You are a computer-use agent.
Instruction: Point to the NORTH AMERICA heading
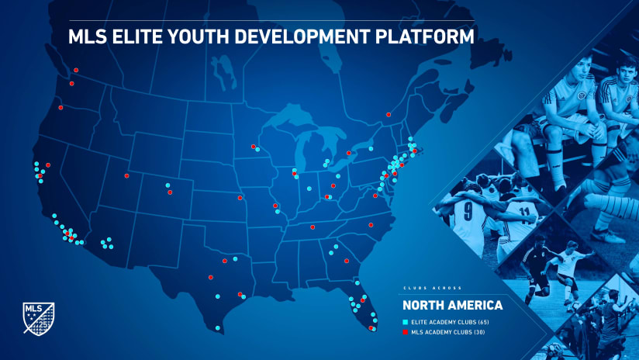[446, 304]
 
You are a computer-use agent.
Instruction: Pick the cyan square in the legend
[405, 321]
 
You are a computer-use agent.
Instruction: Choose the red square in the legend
[405, 332]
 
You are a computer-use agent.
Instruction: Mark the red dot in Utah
[126, 176]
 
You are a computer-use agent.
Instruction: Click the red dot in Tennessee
[313, 227]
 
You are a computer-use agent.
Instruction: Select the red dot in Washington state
[71, 83]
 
